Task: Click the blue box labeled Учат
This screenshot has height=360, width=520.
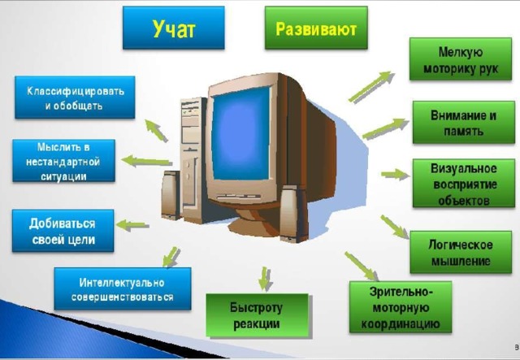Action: pos(173,28)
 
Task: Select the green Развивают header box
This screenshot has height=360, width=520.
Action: pos(316,28)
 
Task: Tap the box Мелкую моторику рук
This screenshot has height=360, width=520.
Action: pos(461,59)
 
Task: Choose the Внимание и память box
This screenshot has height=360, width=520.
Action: pos(464,122)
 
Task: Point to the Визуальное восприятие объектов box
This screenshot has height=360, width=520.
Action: pos(464,183)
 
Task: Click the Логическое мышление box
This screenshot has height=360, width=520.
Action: pos(461,252)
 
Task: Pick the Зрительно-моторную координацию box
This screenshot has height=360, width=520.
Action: pos(401,307)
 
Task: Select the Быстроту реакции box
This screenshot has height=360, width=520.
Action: pos(258,315)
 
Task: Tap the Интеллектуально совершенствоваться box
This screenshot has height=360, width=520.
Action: pos(123,289)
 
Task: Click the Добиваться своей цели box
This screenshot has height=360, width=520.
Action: pos(63,231)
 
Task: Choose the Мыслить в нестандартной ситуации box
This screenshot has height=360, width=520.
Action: pos(63,161)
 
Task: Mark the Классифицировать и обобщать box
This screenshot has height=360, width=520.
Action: pos(75,98)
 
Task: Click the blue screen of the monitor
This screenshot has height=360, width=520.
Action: pos(241,132)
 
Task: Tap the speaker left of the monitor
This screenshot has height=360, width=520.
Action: pos(171,195)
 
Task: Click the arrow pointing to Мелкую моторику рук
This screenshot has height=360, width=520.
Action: pos(370,87)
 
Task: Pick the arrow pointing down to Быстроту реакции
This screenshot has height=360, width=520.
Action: pos(265,279)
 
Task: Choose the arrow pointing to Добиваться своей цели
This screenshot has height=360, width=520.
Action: pos(132,225)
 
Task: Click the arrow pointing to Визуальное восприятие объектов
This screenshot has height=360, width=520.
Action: pos(396,175)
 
